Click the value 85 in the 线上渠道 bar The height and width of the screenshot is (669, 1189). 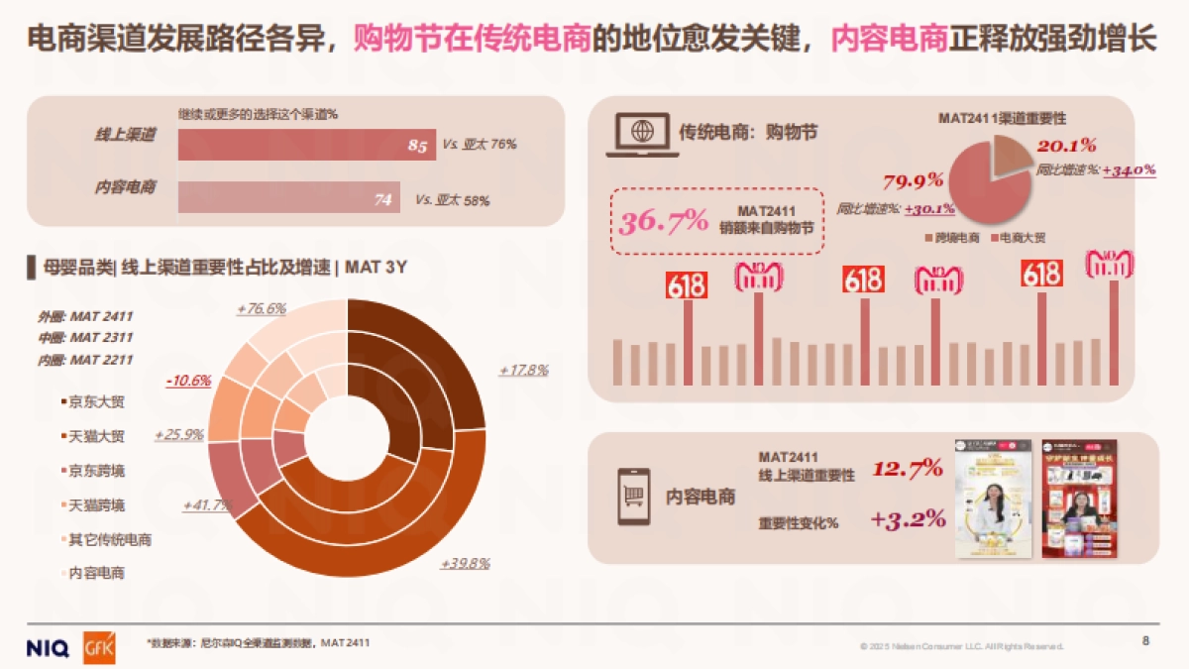click(417, 146)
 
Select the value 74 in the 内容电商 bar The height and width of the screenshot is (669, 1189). click(383, 199)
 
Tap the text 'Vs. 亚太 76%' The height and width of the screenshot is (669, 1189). click(480, 145)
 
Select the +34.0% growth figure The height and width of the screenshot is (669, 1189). click(1129, 169)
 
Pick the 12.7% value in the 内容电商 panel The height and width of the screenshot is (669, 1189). click(907, 468)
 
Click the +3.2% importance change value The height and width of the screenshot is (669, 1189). click(907, 518)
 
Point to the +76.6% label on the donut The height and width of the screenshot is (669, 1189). click(262, 308)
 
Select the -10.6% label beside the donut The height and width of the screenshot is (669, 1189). click(188, 380)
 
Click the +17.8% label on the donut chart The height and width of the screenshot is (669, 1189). click(523, 370)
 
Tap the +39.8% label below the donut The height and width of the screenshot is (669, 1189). click(465, 563)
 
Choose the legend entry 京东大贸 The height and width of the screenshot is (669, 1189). click(95, 402)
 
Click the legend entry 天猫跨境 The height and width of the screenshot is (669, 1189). click(95, 505)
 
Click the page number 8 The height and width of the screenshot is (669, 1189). click(1145, 641)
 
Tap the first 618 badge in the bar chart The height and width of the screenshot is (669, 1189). click(687, 286)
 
